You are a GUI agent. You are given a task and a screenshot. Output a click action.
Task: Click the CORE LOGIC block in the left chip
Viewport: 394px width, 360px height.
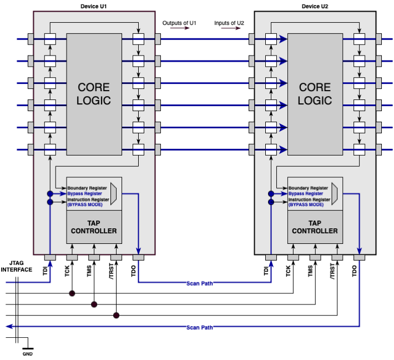pyautogui.click(x=94, y=94)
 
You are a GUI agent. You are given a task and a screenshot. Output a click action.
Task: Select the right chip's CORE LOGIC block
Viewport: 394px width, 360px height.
pyautogui.click(x=315, y=94)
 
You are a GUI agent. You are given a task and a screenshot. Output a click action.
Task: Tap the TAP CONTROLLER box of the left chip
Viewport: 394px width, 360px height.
pyautogui.click(x=94, y=227)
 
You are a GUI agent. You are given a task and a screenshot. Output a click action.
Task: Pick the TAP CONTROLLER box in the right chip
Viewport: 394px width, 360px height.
pyautogui.click(x=315, y=227)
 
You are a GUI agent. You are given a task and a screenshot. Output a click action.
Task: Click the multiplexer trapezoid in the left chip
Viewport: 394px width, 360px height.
pyautogui.click(x=114, y=193)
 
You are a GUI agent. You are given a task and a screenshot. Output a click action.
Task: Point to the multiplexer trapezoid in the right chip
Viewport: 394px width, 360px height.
pyautogui.click(x=335, y=193)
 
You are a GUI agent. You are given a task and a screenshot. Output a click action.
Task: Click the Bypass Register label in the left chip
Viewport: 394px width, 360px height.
pyautogui.click(x=85, y=194)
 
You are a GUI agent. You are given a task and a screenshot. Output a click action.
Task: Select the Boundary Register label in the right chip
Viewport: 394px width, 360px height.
pyautogui.click(x=308, y=188)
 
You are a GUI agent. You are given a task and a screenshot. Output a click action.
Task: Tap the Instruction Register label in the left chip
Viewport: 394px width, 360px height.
pyautogui.click(x=88, y=199)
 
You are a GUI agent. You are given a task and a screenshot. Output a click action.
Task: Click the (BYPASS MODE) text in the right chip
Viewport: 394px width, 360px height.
pyautogui.click(x=306, y=205)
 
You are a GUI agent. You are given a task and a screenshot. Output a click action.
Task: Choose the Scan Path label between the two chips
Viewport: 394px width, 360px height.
pyautogui.click(x=200, y=283)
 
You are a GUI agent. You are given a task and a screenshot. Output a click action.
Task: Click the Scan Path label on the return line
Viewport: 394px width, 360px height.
pyautogui.click(x=200, y=327)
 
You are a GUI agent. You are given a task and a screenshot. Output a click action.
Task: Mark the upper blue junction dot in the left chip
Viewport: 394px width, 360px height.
pyautogui.click(x=50, y=194)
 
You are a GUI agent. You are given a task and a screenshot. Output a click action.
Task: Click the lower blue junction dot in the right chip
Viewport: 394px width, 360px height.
pyautogui.click(x=271, y=202)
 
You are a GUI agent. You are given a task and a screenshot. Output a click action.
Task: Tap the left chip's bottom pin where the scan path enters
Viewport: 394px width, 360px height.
pyautogui.click(x=50, y=257)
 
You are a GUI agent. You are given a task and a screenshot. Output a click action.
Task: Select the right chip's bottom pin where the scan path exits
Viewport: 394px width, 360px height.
pyautogui.click(x=360, y=257)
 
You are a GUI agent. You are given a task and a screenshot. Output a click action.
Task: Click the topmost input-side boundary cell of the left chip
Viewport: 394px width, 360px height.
pyautogui.click(x=50, y=39)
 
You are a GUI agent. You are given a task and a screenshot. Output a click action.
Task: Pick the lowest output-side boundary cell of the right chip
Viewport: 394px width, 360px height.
pyautogui.click(x=360, y=149)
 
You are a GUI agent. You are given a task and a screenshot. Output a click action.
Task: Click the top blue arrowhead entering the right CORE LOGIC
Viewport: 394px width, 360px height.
pyautogui.click(x=283, y=39)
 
